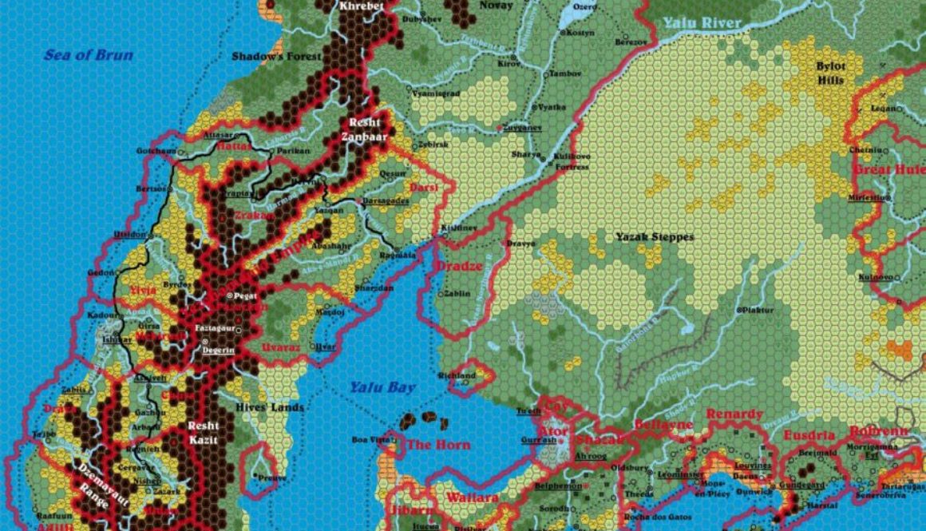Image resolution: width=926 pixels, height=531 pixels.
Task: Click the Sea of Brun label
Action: [88, 55]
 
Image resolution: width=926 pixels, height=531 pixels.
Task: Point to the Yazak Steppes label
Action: [655, 236]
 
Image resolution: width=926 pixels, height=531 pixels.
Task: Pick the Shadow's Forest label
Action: [276, 57]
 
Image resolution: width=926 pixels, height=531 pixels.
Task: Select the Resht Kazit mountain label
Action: [203, 433]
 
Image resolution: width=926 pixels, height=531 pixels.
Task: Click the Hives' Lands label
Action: [271, 407]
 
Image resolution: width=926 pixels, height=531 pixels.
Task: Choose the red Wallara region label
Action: [473, 497]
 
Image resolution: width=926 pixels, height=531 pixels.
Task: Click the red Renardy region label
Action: [735, 414]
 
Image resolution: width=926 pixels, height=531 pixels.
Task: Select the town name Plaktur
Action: [759, 309]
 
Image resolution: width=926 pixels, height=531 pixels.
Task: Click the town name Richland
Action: [456, 375]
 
